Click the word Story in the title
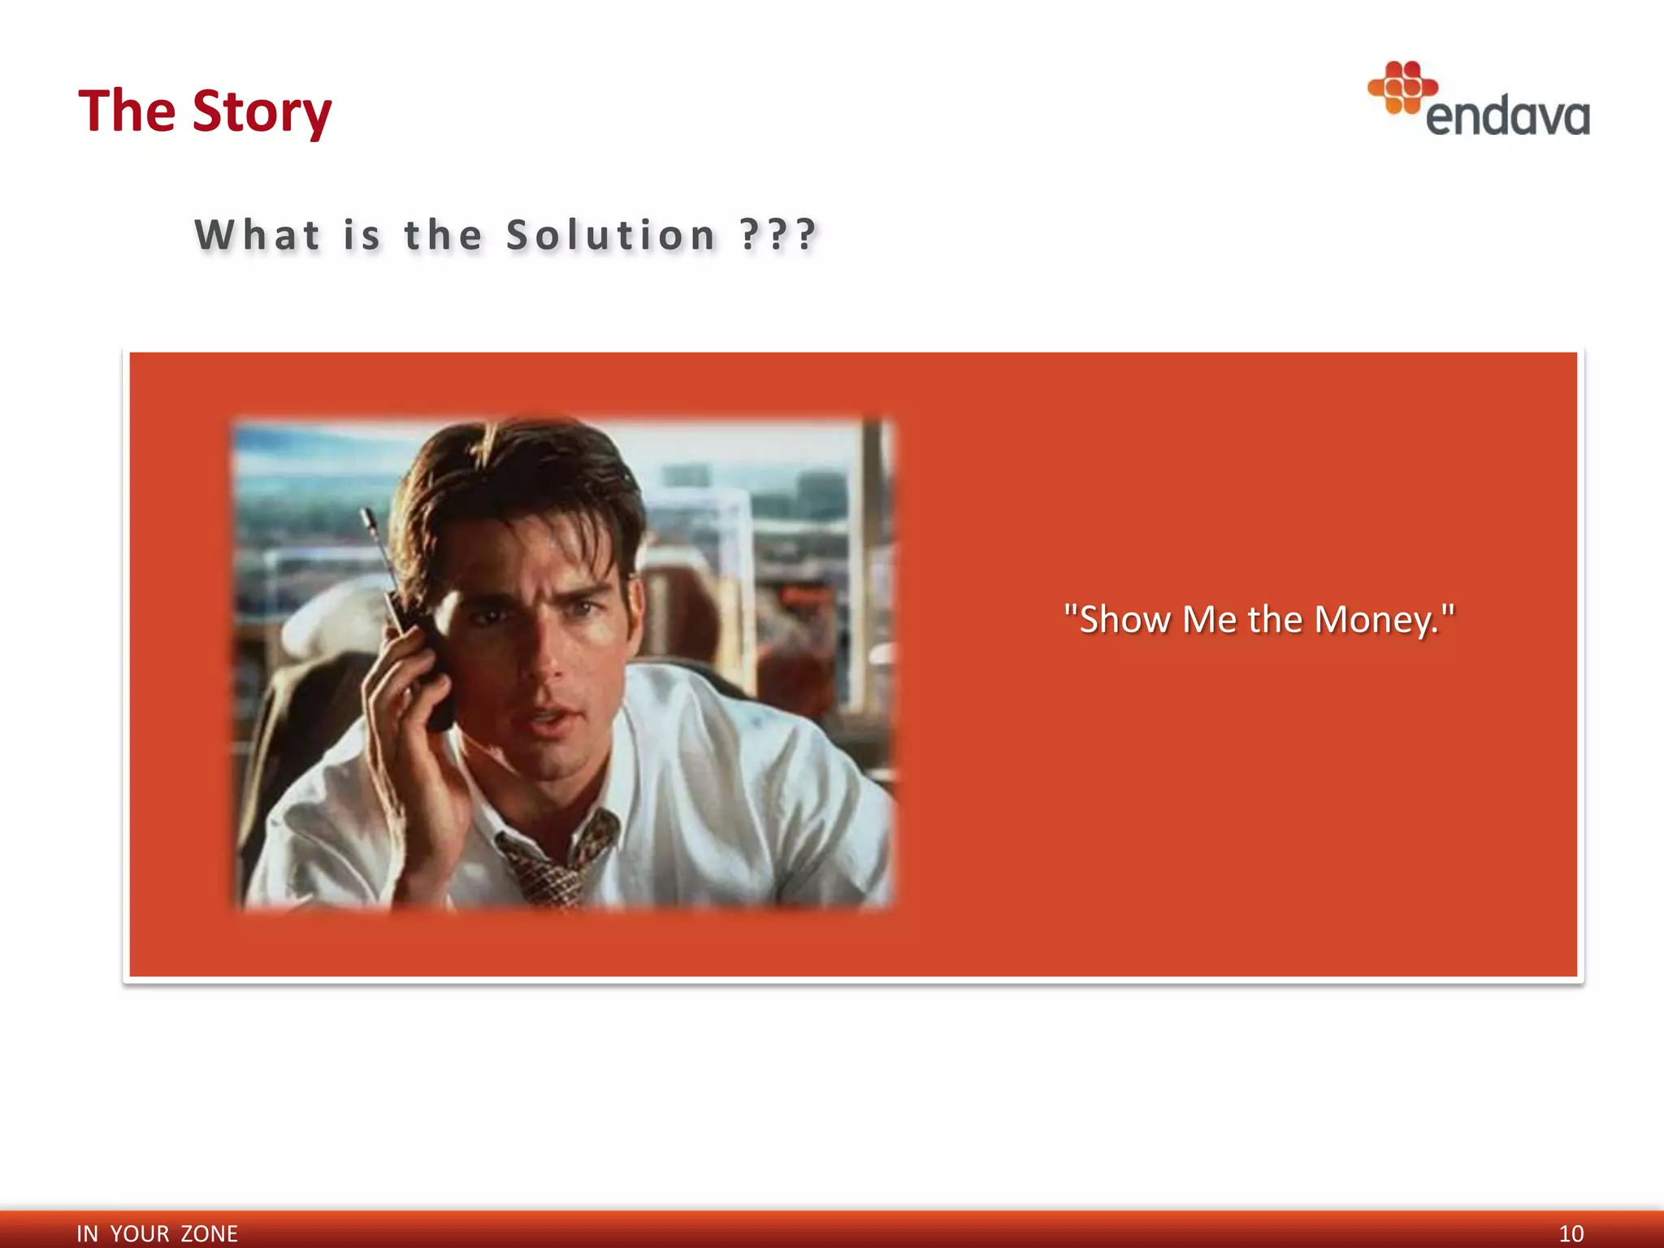click(x=262, y=111)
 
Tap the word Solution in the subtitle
click(x=611, y=236)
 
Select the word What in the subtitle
click(x=258, y=236)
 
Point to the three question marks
click(x=778, y=236)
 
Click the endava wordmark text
click(x=1508, y=117)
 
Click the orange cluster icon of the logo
click(x=1402, y=86)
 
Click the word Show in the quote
click(x=1124, y=620)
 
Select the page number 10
click(x=1571, y=1233)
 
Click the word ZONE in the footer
click(x=209, y=1233)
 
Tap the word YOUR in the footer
click(x=140, y=1233)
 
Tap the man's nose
click(x=546, y=662)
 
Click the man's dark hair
click(x=520, y=479)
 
